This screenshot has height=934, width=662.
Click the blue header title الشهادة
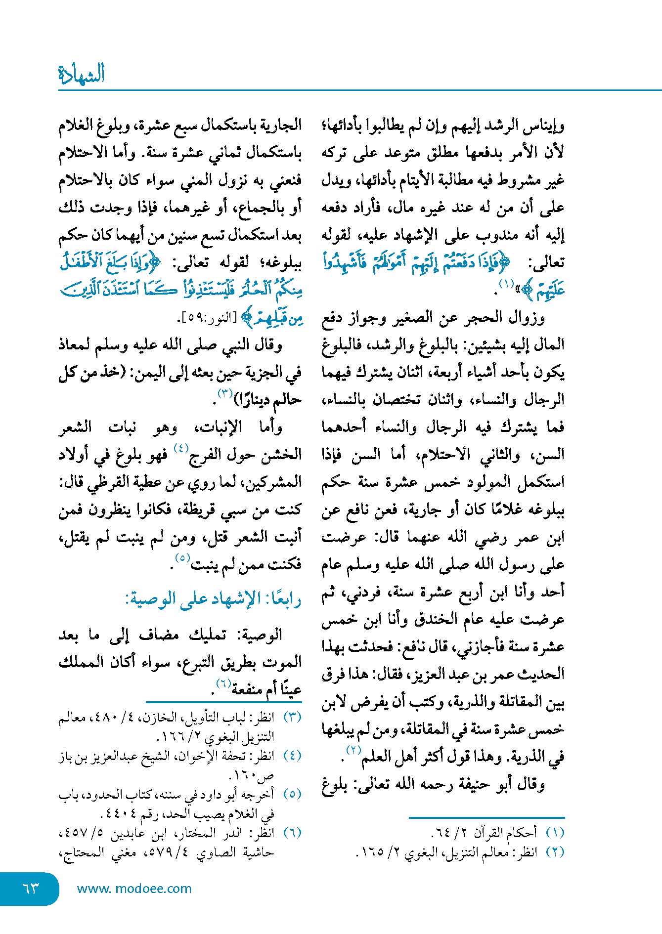coord(82,74)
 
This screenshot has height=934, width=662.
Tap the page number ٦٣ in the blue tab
coord(31,888)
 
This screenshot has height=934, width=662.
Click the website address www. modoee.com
coord(134,888)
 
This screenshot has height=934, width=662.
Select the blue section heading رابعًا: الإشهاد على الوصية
coord(214,598)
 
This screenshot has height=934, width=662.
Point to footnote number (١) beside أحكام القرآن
coord(555,832)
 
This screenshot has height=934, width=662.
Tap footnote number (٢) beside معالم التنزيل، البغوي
coord(555,852)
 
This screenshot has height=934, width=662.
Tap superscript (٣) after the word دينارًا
coord(225,393)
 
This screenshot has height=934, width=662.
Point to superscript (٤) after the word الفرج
coord(181,448)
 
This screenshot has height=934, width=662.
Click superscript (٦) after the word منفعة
coord(223,683)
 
